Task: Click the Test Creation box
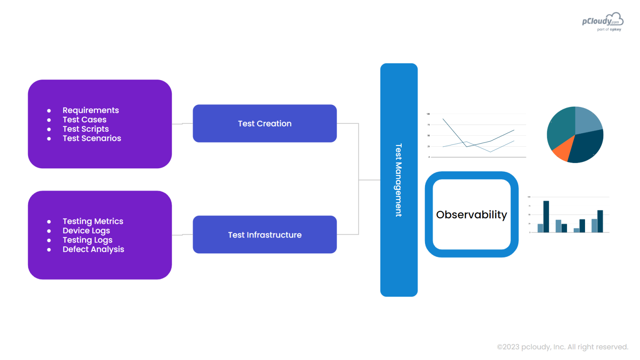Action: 265,123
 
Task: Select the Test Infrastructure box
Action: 265,235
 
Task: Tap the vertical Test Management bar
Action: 399,180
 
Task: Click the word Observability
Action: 471,215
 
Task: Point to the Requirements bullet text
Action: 90,110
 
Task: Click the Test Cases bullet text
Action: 84,120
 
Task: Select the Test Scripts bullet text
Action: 85,129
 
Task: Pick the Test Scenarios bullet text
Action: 92,138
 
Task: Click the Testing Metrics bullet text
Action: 92,221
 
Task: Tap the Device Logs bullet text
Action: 86,231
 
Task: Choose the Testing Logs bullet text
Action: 87,240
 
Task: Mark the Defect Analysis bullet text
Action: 93,249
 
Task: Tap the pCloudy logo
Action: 602,21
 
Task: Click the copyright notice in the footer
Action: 562,347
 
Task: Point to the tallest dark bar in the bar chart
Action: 546,216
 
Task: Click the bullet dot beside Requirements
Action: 49,111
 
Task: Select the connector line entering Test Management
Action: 370,180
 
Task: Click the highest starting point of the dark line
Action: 443,119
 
